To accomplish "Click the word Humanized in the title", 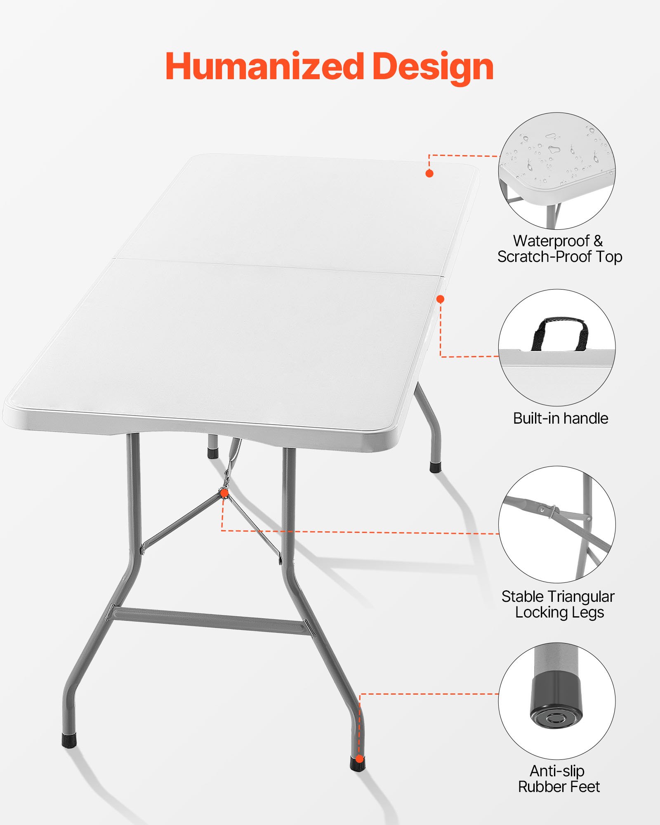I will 264,67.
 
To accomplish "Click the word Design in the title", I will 433,67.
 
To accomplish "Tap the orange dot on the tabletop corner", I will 429,173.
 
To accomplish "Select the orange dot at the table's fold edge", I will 441,299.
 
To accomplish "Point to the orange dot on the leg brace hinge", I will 224,493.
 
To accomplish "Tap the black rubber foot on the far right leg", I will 436,467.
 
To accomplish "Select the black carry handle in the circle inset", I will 560,330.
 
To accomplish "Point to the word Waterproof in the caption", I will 551,241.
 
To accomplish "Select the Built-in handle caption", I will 560,418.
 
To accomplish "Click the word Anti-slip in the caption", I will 557,771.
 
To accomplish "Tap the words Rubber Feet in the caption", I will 559,787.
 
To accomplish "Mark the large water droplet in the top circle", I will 553,148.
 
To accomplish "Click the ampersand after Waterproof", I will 598,241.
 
